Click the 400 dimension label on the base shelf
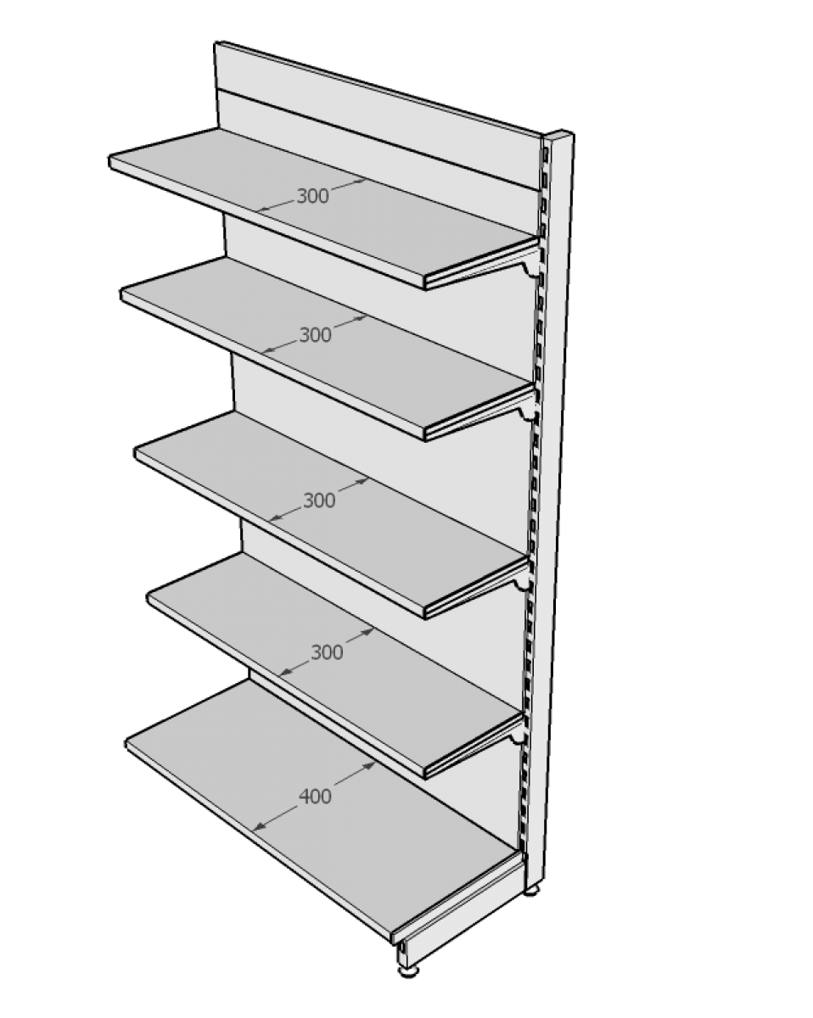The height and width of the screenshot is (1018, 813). click(315, 797)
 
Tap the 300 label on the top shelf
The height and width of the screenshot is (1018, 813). click(312, 196)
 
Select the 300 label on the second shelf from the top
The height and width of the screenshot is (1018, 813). click(315, 335)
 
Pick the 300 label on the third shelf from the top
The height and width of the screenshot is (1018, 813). click(319, 501)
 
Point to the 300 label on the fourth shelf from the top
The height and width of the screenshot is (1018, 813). click(327, 653)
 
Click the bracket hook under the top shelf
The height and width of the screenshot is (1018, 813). click(530, 271)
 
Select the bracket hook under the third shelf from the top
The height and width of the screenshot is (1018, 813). click(523, 585)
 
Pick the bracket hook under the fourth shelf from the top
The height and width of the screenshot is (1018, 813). click(518, 739)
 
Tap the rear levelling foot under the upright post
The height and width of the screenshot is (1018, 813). click(532, 890)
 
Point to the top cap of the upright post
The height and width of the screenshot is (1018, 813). click(558, 134)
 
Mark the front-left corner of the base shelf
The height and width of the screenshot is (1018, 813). click(126, 745)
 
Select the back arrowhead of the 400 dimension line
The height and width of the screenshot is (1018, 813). click(370, 765)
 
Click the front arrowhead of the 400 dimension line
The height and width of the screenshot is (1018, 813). click(258, 827)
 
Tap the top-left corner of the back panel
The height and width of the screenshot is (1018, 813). click(215, 42)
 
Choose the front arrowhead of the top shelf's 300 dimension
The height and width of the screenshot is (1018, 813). click(262, 209)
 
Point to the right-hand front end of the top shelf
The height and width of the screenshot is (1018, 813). click(425, 282)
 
